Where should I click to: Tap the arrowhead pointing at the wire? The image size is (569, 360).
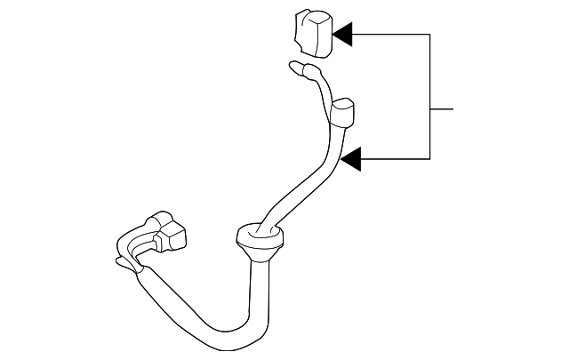352,159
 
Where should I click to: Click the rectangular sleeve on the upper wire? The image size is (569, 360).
342,114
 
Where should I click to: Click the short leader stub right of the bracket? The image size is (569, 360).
442,109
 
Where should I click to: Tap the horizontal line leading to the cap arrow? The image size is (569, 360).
391,35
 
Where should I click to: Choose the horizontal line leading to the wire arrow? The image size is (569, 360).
396,159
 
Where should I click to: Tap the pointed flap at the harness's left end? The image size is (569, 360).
116,262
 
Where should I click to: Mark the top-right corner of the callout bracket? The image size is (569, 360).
430,35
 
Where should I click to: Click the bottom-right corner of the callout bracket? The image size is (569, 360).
430,159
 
